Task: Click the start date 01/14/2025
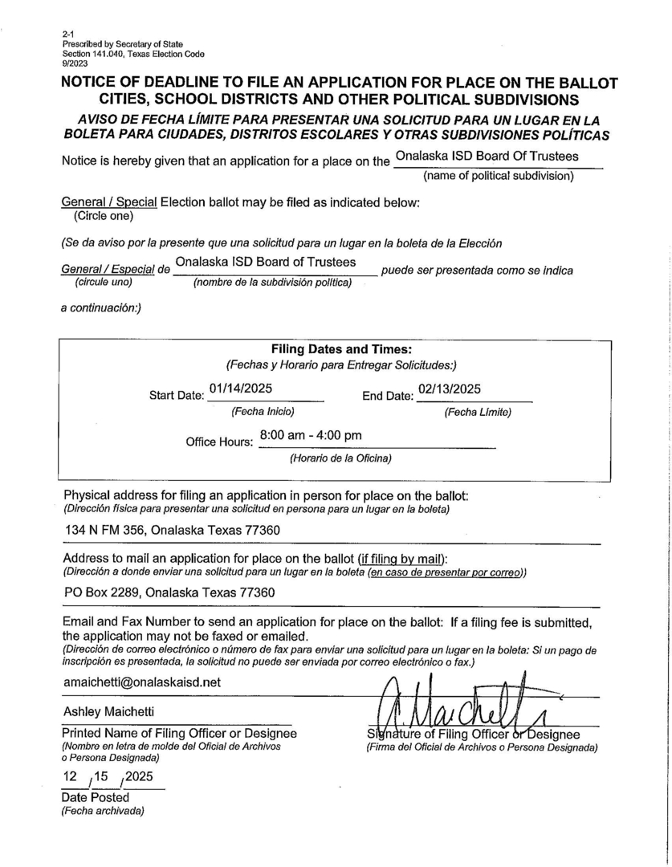(240, 389)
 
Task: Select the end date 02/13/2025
(450, 389)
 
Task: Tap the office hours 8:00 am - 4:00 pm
(310, 435)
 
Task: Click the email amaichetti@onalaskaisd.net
(142, 682)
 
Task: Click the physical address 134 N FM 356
(172, 530)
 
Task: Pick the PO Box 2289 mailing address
(169, 593)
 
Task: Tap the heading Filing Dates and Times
(341, 350)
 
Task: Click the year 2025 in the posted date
(138, 777)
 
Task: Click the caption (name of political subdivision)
(499, 176)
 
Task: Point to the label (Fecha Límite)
(478, 413)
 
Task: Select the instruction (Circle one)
(104, 216)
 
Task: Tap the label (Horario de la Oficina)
(340, 458)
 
